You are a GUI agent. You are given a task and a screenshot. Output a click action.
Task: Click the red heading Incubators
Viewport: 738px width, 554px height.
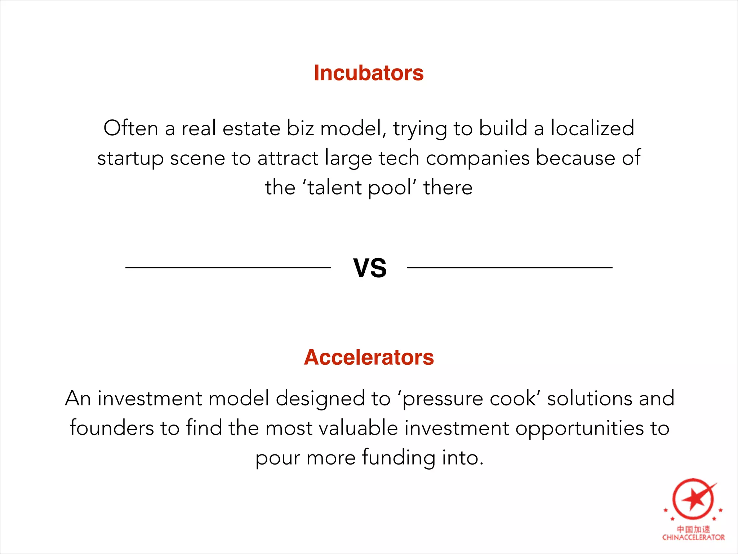coord(369,73)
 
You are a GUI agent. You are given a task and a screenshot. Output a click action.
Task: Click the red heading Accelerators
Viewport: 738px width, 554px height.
coord(369,357)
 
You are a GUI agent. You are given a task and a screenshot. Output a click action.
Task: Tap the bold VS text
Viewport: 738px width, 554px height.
coord(370,268)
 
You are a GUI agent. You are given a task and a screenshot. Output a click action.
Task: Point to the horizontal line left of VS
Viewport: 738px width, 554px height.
coord(228,267)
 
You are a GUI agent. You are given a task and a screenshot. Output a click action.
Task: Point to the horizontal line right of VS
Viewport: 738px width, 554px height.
coord(510,267)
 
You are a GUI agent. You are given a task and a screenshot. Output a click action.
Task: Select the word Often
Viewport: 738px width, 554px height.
coord(131,128)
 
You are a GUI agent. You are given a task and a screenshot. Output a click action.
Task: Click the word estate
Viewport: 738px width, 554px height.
coord(251,128)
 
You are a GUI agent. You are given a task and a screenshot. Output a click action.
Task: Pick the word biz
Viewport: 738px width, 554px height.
coord(300,128)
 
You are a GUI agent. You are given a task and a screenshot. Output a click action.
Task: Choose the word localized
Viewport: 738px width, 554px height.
coord(592,128)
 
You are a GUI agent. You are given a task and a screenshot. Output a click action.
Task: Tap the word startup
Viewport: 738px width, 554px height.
coord(130,159)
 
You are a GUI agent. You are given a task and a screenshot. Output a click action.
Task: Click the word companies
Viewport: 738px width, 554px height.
coord(477,159)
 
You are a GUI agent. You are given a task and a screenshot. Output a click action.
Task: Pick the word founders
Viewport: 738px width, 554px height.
coord(112,428)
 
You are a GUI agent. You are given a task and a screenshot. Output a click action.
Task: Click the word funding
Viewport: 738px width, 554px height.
coord(399,458)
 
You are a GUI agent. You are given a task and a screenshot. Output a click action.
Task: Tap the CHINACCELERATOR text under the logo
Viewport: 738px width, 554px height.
coord(693,537)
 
